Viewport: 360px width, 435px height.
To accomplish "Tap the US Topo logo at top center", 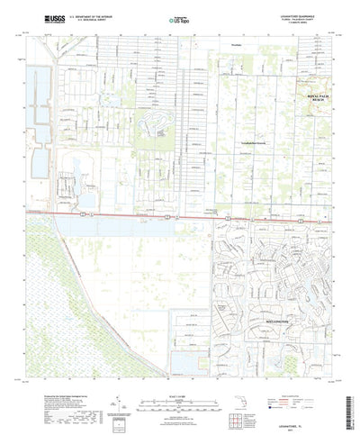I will [x=179, y=17].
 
